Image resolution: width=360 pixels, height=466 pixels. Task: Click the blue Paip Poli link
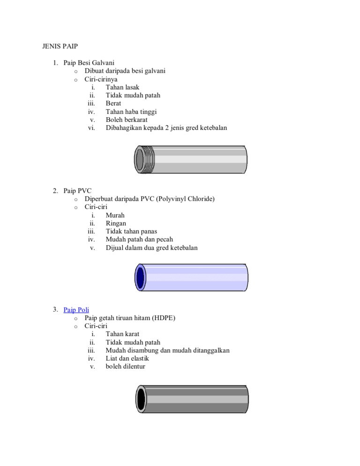tap(76, 310)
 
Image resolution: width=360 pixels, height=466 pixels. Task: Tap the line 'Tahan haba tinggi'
tap(131, 112)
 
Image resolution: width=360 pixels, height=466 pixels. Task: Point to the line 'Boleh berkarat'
tap(127, 120)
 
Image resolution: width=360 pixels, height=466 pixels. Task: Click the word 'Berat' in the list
tap(114, 103)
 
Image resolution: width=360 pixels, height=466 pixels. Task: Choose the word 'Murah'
tap(115, 215)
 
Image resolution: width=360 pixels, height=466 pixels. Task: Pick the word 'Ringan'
tap(116, 223)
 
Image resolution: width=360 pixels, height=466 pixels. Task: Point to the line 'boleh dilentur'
tap(126, 366)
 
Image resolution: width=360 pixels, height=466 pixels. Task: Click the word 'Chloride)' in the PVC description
tap(201, 199)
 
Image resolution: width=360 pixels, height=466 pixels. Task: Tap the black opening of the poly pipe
tap(141, 399)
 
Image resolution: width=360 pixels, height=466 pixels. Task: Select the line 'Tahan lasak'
tap(122, 87)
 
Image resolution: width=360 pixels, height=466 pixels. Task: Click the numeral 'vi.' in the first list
tap(91, 128)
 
